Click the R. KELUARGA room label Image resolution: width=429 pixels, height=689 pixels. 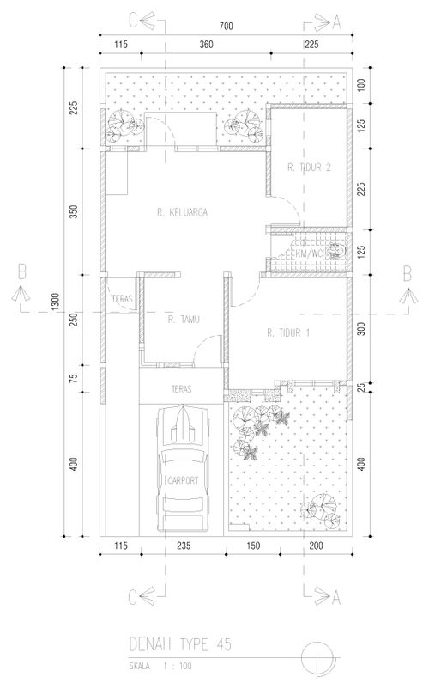tap(182, 212)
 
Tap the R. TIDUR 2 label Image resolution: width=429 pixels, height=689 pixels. tap(309, 167)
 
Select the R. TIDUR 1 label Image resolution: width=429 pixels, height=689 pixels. tap(288, 332)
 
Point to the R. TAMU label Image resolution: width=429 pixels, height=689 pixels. tap(184, 320)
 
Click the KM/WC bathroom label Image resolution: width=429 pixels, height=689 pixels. tap(309, 253)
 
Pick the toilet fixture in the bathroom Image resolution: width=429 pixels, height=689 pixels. tap(337, 251)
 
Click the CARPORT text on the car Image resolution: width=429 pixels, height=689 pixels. tap(184, 480)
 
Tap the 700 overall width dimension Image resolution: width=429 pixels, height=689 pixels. tap(226, 27)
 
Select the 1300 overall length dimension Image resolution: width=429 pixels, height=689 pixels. tap(55, 302)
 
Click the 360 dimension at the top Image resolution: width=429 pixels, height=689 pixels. tap(206, 45)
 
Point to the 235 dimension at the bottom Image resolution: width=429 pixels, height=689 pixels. tap(184, 546)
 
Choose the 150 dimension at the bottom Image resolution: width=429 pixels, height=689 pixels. tap(253, 546)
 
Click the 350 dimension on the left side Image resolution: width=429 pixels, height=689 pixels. tap(74, 212)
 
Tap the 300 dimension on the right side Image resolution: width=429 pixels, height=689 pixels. tap(361, 328)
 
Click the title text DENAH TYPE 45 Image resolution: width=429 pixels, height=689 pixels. tap(180, 644)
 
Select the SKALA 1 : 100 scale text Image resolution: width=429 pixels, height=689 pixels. tap(160, 666)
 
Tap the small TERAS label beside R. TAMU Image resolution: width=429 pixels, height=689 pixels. tap(122, 299)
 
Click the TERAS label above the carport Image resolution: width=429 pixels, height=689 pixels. tap(181, 389)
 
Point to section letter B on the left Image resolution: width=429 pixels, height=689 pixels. tap(21, 272)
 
